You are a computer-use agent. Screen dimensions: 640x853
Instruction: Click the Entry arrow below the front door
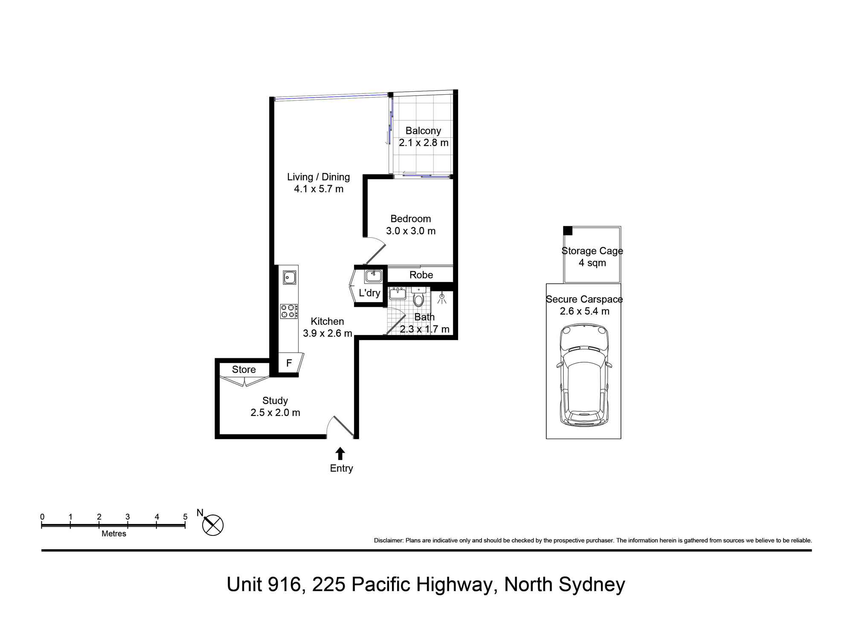[340, 453]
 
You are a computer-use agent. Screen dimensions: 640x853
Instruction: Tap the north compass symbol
[212, 524]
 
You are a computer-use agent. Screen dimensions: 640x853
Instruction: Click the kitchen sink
[290, 277]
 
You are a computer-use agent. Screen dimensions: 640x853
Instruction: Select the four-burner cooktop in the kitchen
[289, 311]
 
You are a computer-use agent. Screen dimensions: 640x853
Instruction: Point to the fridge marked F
[289, 363]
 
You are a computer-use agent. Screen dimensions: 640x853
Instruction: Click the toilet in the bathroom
[418, 298]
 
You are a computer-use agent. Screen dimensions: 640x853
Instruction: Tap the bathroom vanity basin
[398, 293]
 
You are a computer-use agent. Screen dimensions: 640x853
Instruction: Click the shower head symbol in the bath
[442, 297]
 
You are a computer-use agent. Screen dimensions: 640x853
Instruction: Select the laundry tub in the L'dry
[373, 276]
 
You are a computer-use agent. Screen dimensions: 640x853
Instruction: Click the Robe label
[421, 275]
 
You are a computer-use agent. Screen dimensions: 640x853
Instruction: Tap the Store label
[244, 369]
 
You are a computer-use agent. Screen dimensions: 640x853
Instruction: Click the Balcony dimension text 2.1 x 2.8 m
[424, 143]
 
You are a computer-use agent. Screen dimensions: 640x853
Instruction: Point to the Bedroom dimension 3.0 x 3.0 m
[411, 231]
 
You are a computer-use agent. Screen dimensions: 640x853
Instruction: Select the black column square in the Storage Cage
[568, 231]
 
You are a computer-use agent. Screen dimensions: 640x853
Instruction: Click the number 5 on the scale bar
[185, 517]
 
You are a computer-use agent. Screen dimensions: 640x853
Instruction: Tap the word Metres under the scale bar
[114, 534]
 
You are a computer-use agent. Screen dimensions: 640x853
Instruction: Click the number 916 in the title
[284, 585]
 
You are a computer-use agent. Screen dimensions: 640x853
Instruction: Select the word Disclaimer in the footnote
[388, 541]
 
